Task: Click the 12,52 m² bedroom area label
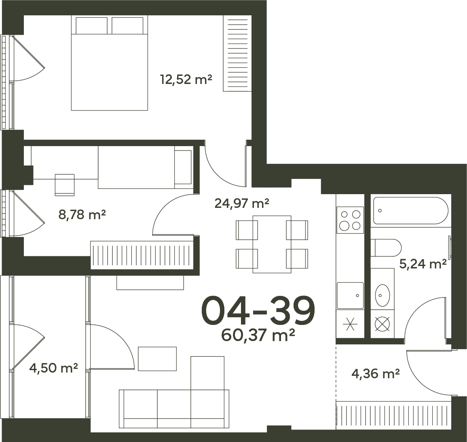pyautogui.click(x=186, y=80)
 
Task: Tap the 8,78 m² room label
pyautogui.click(x=82, y=214)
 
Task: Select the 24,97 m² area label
pyautogui.click(x=242, y=203)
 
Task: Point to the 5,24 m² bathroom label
pyautogui.click(x=423, y=264)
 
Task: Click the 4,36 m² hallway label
pyautogui.click(x=376, y=374)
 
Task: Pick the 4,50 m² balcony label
pyautogui.click(x=54, y=368)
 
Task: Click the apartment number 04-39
pyautogui.click(x=258, y=310)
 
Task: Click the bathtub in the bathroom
pyautogui.click(x=411, y=210)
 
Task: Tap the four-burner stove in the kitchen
pyautogui.click(x=350, y=220)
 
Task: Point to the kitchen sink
pyautogui.click(x=350, y=296)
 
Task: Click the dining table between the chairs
pyautogui.click(x=272, y=244)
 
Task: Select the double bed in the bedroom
pyautogui.click(x=109, y=63)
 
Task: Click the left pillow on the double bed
pyautogui.click(x=92, y=25)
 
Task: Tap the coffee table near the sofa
pyautogui.click(x=157, y=358)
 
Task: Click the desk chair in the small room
pyautogui.click(x=65, y=185)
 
